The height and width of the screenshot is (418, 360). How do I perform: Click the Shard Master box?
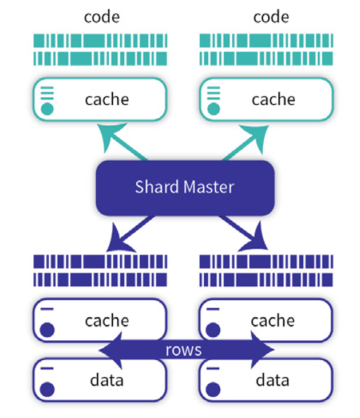184,188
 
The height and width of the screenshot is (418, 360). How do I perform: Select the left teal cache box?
100,99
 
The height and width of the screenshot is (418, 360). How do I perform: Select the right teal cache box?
267,99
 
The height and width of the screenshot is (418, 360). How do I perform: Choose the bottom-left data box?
100,379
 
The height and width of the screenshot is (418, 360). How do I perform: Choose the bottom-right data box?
267,379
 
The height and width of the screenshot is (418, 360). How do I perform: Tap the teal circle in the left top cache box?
48,109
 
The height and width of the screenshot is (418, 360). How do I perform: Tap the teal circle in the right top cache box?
213,109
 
